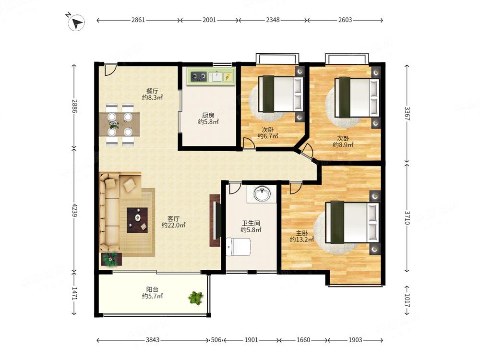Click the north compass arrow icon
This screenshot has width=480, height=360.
76,23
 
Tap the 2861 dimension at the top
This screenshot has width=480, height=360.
138,20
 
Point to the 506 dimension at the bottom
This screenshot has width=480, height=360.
216,340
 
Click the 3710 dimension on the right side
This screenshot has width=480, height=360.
407,217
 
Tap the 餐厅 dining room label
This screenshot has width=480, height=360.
153,91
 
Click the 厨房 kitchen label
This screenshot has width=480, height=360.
208,115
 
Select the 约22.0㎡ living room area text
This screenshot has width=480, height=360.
174,225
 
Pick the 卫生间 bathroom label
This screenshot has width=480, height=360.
251,223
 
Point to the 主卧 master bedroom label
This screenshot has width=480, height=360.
302,233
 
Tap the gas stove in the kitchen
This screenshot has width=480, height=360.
199,76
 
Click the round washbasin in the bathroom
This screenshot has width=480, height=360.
262,193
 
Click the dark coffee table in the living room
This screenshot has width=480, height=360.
137,220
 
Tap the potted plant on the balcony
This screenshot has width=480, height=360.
196,298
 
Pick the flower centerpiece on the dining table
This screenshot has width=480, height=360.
114,124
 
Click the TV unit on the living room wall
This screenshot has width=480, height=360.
215,220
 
